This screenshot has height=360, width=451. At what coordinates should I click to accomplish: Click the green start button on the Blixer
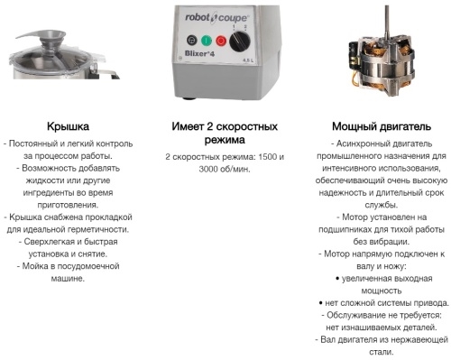207,41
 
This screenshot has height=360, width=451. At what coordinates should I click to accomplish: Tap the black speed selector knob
240,42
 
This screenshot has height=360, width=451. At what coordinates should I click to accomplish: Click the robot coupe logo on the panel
216,17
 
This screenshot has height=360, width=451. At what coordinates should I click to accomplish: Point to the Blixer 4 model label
199,53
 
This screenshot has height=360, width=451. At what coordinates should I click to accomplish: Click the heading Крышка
68,126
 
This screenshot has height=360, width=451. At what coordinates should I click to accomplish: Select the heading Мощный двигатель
382,126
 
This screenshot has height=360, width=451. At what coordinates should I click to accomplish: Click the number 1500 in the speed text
267,157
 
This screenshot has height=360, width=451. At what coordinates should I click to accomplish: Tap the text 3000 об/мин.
225,169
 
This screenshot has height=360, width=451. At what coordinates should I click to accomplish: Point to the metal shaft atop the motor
387,17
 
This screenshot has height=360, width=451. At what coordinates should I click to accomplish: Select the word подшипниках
345,230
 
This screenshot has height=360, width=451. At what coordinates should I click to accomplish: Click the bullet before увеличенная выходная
337,279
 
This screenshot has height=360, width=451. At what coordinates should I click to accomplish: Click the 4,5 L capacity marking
248,60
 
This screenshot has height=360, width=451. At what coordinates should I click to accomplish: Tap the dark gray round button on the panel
192,40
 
